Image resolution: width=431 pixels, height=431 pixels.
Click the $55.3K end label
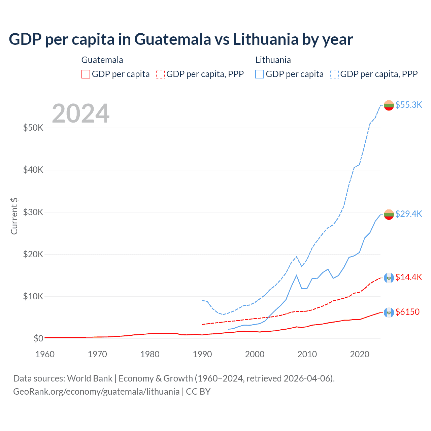(x=408, y=105)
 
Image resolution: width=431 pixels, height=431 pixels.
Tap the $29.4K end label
(x=408, y=214)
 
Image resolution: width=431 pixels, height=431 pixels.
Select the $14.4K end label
(x=408, y=277)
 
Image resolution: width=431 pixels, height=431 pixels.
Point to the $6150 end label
(x=407, y=312)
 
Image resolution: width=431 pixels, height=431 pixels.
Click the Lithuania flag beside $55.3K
(x=389, y=105)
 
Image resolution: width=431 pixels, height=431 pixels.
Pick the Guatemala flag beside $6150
(x=389, y=312)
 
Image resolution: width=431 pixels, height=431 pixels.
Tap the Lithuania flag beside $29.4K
(x=389, y=214)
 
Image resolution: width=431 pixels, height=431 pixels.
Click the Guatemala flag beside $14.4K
(x=389, y=278)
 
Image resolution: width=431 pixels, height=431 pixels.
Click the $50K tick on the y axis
(x=33, y=128)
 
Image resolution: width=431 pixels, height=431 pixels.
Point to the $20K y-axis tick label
(x=33, y=254)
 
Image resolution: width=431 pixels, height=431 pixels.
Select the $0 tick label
(x=38, y=338)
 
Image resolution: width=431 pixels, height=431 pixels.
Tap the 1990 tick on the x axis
(x=202, y=354)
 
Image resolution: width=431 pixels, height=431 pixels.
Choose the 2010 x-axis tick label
(x=307, y=354)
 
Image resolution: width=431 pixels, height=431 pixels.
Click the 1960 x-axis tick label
(x=45, y=354)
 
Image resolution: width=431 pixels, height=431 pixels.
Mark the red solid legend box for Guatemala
(x=86, y=74)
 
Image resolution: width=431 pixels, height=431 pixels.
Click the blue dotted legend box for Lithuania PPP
(x=334, y=74)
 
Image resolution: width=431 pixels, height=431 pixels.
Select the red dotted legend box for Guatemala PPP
(x=160, y=74)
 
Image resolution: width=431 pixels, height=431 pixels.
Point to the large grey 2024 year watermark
(x=81, y=113)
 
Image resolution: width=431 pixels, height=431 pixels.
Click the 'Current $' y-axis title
(x=14, y=216)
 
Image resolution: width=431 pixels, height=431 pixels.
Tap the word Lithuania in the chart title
(x=265, y=39)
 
